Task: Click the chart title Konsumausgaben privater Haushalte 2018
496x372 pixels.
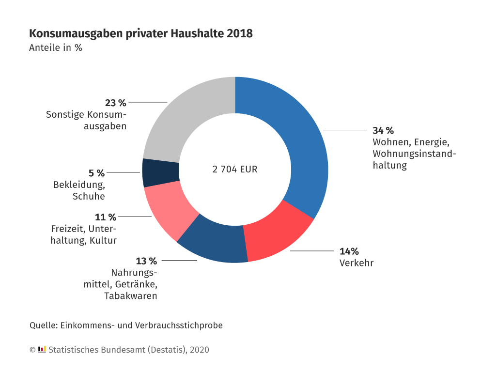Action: coord(140,33)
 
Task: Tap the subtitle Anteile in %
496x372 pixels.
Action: coord(56,48)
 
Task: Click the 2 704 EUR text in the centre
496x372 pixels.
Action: coord(235,170)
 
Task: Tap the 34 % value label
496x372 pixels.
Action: coord(383,130)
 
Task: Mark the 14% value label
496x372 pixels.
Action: coord(349,251)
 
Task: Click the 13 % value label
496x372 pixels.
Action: coord(146,261)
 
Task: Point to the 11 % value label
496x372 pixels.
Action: coord(106,217)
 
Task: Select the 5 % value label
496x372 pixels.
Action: coord(96,173)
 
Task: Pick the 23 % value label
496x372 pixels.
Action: coord(115,103)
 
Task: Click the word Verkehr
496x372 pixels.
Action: coord(356,263)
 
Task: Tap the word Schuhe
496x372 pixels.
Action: coord(89,196)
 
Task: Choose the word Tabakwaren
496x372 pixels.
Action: coord(130,295)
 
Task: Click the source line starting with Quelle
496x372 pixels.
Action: coord(126,325)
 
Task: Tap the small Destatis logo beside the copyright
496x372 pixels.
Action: coord(42,349)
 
